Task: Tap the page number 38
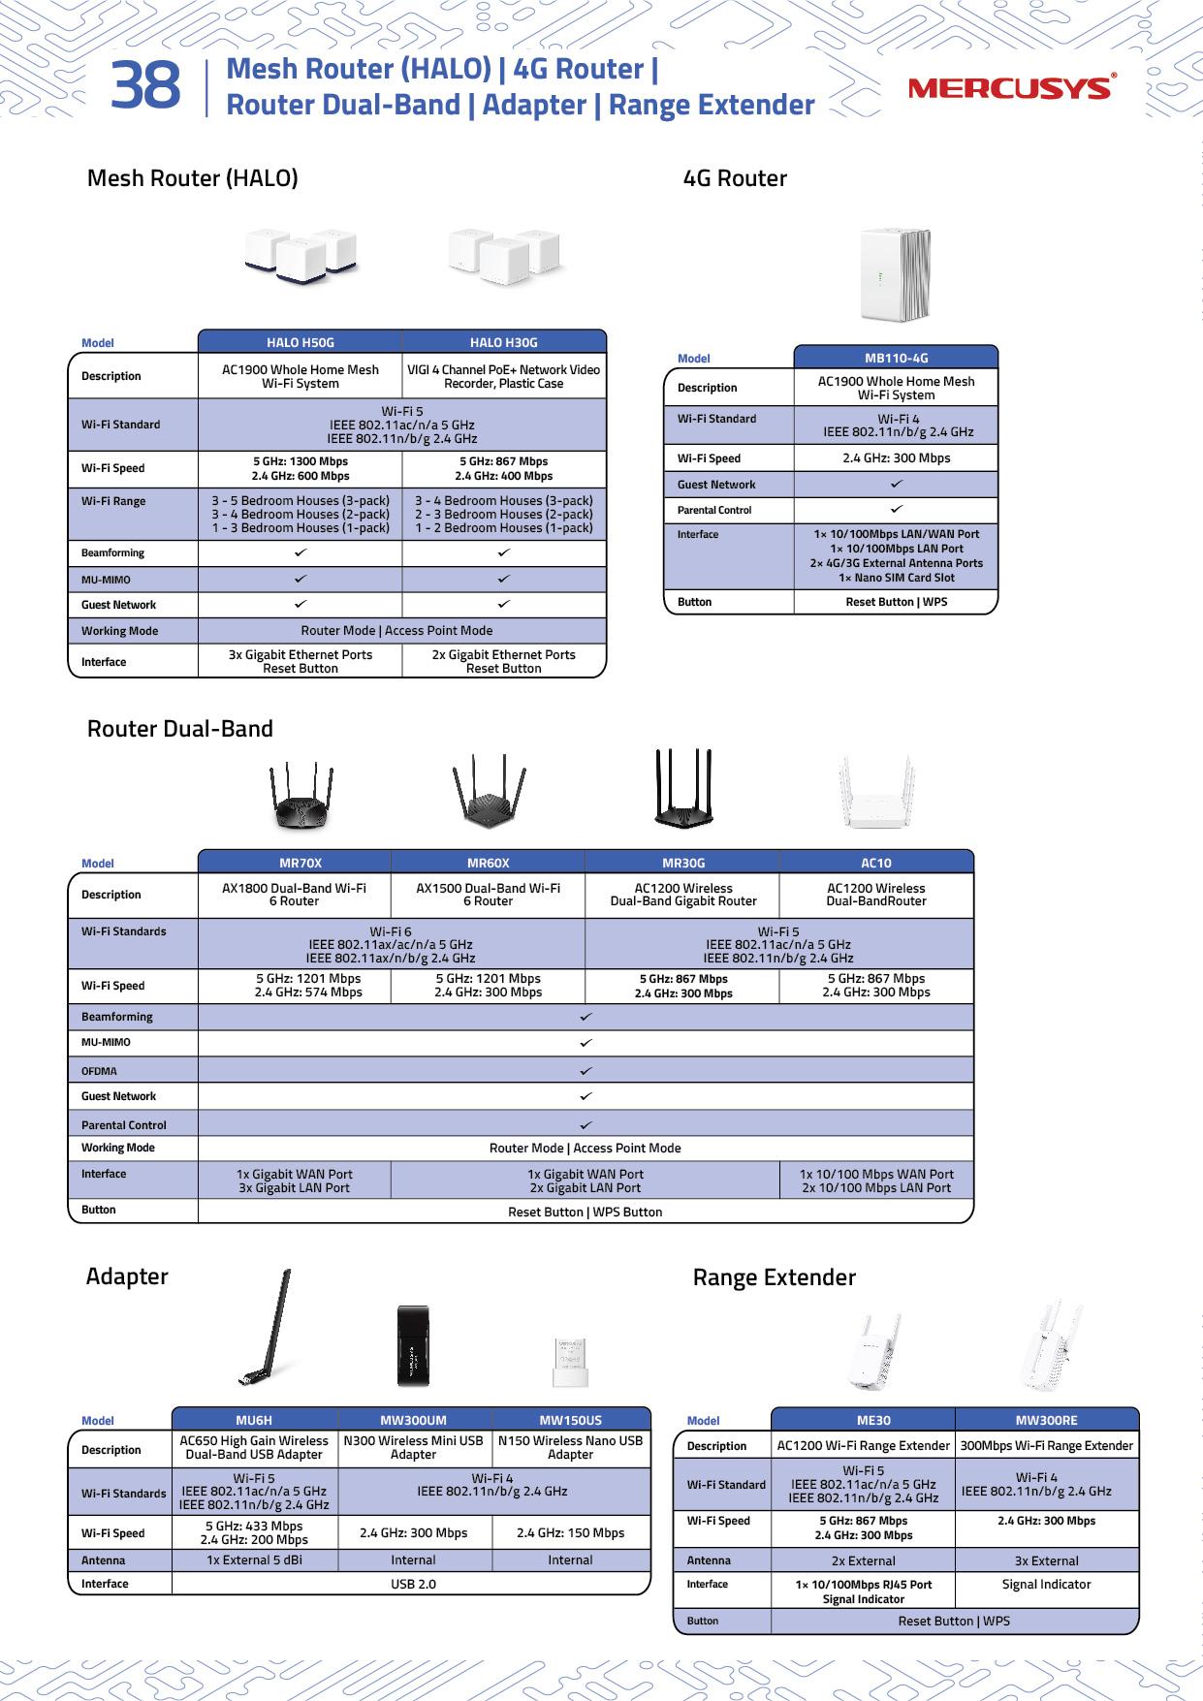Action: (x=145, y=86)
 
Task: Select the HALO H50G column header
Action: (x=300, y=342)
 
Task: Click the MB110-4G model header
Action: (x=896, y=358)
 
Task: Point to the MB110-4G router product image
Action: (x=895, y=275)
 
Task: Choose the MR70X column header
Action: (x=300, y=863)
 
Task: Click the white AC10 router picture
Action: (x=876, y=793)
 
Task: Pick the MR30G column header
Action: (x=682, y=863)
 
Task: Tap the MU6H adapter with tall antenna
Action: (x=266, y=1328)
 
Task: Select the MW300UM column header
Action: (x=414, y=1420)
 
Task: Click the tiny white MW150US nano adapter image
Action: (x=570, y=1362)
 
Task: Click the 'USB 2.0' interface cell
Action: (x=412, y=1584)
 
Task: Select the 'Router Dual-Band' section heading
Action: (x=180, y=729)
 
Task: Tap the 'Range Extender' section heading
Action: (x=774, y=1277)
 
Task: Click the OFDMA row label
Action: (x=99, y=1071)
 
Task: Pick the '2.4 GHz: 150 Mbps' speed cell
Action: (x=570, y=1532)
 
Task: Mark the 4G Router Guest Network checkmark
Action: (x=897, y=484)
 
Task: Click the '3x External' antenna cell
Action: (x=1046, y=1560)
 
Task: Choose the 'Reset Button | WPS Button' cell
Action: (x=585, y=1212)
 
